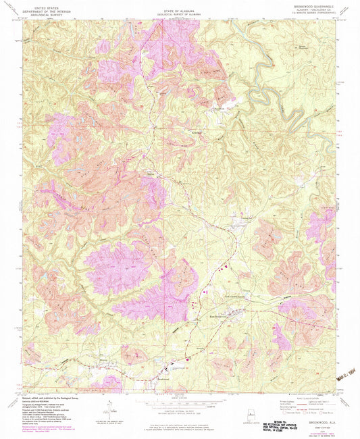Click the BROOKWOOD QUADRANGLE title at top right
point(315,5)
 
